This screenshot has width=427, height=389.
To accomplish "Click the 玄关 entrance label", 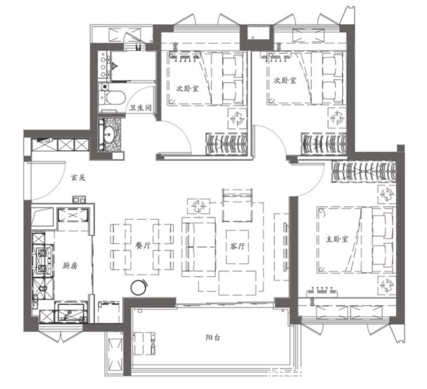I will [78, 178].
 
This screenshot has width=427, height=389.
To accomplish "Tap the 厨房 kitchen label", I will [70, 266].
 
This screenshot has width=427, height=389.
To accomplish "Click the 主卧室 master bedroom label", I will [337, 239].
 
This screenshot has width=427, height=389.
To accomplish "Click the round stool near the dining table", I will [139, 287].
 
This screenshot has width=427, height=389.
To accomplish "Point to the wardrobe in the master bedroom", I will [363, 172].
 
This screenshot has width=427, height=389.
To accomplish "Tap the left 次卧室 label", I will [187, 89].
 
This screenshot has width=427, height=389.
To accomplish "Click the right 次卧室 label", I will [285, 81].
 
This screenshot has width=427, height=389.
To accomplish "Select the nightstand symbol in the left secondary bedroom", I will [237, 118].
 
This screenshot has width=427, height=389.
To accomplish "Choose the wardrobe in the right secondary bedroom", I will [324, 145].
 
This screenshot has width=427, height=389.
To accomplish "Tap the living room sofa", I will [199, 247].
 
